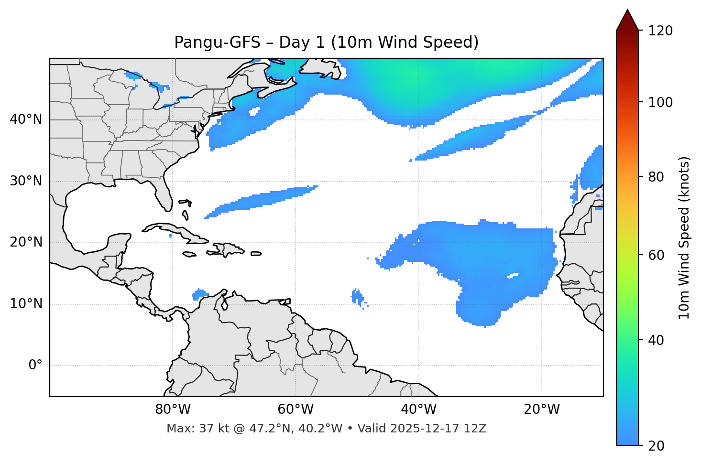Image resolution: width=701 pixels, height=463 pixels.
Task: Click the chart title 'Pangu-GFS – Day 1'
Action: (326, 43)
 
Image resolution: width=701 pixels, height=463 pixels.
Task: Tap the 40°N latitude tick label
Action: (26, 119)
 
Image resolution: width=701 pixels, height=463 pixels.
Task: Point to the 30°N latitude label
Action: (26, 181)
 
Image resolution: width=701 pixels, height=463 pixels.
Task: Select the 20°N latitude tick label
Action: (26, 242)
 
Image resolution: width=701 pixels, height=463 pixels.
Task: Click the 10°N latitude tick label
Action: (26, 304)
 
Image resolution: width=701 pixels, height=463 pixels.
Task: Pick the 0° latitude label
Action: (35, 365)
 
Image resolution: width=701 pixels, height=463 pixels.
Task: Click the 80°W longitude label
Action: (173, 409)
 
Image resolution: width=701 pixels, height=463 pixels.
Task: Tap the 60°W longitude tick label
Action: (296, 409)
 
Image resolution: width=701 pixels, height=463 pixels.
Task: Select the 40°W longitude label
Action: (418, 409)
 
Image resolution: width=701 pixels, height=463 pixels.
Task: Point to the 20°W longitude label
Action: (541, 409)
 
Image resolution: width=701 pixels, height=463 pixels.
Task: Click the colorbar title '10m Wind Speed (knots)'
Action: (684, 237)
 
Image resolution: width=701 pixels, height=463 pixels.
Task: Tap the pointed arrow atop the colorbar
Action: (627, 20)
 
